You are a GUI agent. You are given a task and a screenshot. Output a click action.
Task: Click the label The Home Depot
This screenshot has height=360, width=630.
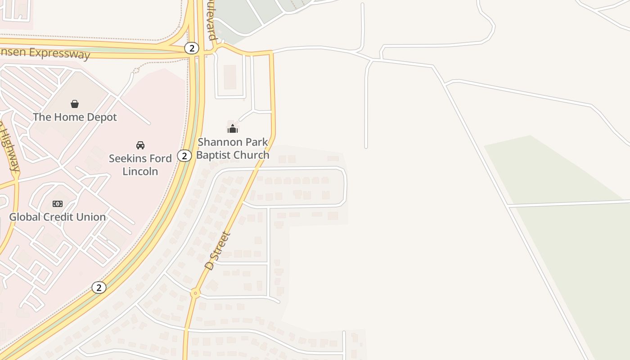coord(75,117)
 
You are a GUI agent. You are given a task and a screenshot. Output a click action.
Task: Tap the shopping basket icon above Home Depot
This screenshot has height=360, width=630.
coord(75,104)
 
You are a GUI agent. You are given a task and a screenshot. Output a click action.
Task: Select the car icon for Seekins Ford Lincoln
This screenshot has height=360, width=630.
coord(140,145)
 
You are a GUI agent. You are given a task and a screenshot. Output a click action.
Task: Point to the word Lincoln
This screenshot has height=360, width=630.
coord(140,171)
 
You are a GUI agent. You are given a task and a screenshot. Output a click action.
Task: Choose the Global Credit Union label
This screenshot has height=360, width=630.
coord(58,217)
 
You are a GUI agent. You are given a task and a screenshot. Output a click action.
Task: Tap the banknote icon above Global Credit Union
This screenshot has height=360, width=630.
coord(58,204)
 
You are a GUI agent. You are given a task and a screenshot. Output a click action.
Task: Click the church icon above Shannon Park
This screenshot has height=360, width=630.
coord(233,129)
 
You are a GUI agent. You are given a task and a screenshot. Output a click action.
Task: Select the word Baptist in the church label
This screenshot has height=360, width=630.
coord(214,155)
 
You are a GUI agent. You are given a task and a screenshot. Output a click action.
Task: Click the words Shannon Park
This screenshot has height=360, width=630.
coord(233,142)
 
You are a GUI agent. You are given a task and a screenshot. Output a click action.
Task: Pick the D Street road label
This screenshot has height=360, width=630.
coord(217,251)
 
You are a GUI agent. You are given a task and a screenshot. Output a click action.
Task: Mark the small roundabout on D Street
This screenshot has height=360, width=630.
coord(195,293)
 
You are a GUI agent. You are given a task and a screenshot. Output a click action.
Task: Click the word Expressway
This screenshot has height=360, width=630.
coord(60,54)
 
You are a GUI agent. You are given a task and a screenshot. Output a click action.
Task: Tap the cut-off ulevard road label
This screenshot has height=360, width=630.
coord(212,20)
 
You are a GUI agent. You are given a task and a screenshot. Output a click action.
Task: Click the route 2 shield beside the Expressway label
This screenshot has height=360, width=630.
coord(192,48)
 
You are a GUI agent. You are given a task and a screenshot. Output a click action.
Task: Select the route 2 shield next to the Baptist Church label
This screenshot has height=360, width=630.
coord(184,156)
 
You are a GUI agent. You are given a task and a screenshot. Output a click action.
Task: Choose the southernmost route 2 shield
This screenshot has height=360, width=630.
coord(99,287)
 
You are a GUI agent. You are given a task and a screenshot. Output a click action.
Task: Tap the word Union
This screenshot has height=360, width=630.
coord(93,217)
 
